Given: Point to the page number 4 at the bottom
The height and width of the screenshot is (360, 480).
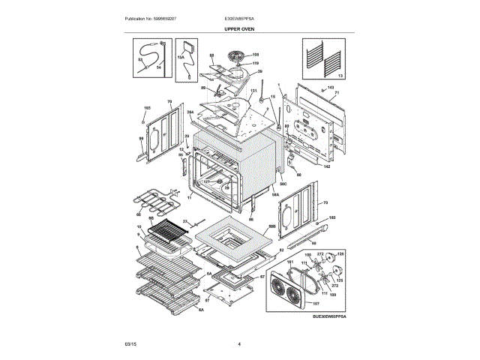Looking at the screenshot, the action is (x=239, y=343).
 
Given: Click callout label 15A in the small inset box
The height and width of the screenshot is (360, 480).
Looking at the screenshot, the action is (x=181, y=56).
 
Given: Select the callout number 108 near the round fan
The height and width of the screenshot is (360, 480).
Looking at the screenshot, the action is (x=255, y=55).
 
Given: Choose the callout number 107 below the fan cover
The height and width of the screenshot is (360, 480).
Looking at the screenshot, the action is (x=316, y=303).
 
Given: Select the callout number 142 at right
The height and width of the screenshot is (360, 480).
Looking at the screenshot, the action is (x=327, y=166).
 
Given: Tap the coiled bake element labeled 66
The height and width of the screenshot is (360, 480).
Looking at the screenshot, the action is (x=154, y=200).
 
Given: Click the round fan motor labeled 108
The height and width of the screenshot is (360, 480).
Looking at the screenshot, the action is (x=238, y=56).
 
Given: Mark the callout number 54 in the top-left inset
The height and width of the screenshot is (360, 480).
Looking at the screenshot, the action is (x=159, y=67).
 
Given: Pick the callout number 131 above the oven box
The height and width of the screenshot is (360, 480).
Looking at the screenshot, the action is (x=253, y=91).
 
